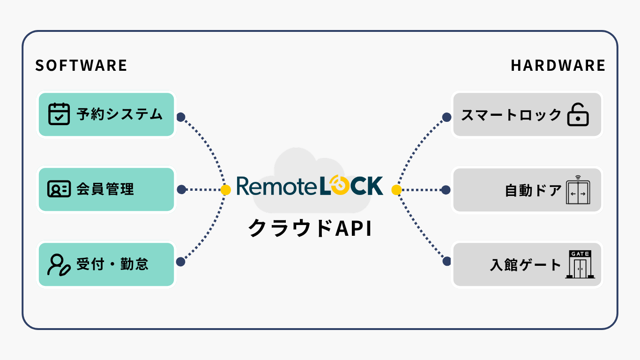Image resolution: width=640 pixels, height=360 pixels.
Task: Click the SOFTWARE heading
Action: [81, 66]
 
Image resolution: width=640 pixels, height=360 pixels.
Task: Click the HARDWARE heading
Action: [558, 66]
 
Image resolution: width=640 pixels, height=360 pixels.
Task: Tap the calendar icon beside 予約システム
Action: [59, 114]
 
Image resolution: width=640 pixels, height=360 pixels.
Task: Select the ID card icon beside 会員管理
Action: [59, 189]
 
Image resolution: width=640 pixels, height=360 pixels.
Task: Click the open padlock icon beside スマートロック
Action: [578, 114]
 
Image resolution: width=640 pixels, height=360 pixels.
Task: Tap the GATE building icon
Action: [580, 264]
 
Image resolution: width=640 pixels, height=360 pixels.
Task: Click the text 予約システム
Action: [119, 114]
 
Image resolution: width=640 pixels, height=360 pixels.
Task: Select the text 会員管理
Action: [105, 189]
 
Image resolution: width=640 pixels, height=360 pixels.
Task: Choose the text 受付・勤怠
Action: [112, 264]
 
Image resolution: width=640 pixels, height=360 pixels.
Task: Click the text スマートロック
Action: [511, 115]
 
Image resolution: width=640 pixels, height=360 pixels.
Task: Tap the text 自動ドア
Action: [533, 190]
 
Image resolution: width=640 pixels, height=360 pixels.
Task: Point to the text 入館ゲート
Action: [526, 265]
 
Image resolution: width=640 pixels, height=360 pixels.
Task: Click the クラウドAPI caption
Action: [310, 228]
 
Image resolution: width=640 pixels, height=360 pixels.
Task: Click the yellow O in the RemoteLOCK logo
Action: [339, 185]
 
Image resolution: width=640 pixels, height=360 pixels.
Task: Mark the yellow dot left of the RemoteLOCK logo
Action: [226, 190]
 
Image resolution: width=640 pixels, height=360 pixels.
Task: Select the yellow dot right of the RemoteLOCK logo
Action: [396, 190]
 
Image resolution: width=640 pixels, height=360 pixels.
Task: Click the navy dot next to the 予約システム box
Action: [181, 117]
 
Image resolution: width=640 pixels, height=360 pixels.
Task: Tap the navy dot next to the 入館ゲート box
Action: [447, 261]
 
